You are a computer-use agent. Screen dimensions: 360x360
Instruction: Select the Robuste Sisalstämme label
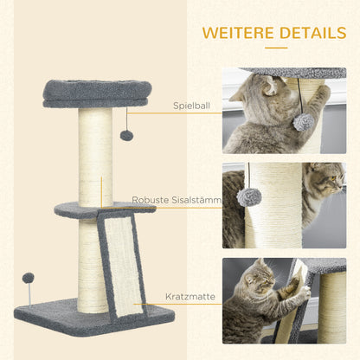(x=177, y=200)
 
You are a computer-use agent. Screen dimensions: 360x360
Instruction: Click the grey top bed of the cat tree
(x=97, y=91)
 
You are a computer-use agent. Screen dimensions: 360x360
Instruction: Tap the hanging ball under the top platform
(x=126, y=135)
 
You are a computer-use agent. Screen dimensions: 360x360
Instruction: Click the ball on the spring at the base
(x=29, y=279)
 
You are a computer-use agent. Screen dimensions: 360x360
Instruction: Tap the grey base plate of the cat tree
(x=52, y=313)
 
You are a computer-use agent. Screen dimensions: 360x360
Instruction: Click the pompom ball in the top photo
(x=303, y=122)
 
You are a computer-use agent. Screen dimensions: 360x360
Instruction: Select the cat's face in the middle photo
(x=326, y=183)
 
